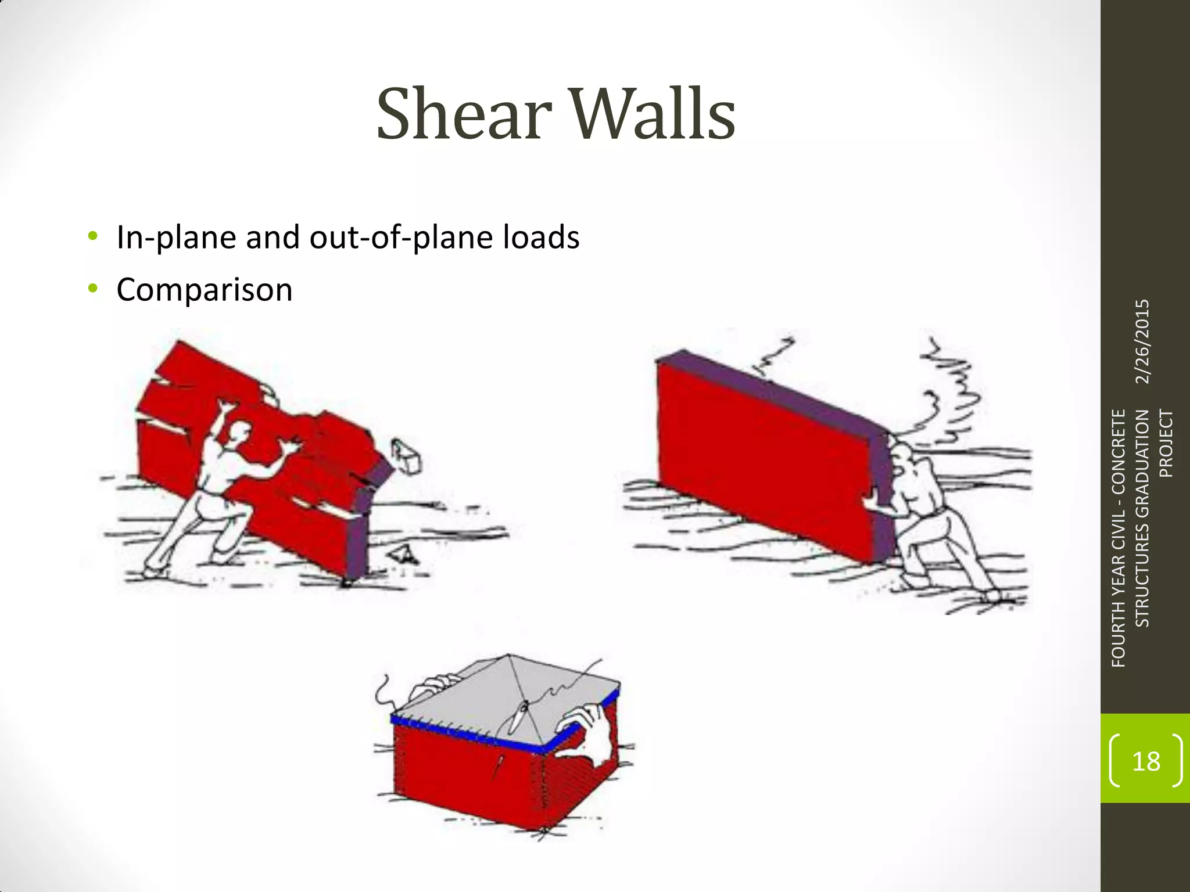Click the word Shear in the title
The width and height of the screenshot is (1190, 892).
[464, 114]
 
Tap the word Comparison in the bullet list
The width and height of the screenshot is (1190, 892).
[205, 290]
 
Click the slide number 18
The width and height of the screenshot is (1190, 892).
[1146, 761]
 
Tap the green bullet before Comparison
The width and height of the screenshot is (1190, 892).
[92, 289]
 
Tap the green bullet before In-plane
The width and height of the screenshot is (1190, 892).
[92, 236]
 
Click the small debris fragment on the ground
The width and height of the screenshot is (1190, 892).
[405, 555]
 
